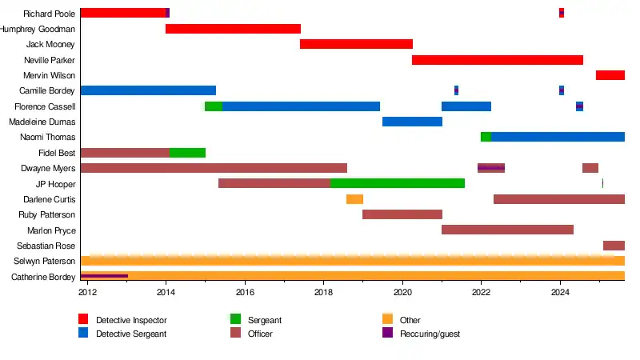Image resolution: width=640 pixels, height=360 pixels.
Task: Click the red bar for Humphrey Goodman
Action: click(233, 29)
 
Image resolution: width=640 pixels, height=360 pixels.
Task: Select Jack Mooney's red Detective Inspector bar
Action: click(356, 44)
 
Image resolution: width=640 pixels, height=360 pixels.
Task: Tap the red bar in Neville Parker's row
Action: click(497, 60)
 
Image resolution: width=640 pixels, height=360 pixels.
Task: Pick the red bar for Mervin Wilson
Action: click(610, 75)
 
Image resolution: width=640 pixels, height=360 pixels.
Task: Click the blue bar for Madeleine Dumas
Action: click(412, 122)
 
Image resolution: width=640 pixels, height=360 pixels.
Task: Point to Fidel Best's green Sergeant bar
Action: click(187, 153)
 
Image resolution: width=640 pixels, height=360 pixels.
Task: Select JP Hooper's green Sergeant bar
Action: click(398, 183)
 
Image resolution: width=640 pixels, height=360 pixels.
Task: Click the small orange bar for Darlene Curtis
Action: click(354, 199)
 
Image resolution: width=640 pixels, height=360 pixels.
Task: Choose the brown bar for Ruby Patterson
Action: click(402, 214)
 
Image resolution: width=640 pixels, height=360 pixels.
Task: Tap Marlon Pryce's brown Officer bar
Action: click(507, 230)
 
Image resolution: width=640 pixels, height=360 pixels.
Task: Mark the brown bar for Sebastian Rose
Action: click(614, 246)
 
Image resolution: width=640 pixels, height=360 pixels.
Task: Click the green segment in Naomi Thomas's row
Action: click(486, 137)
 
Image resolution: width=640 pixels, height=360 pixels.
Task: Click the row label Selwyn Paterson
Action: click(45, 262)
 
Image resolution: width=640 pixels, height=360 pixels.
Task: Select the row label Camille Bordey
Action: click(47, 91)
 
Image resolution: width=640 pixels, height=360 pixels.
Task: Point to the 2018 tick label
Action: click(324, 293)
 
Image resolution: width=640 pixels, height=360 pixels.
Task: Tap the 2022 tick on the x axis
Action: click(481, 293)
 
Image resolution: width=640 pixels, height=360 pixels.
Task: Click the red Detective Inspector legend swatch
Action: click(83, 320)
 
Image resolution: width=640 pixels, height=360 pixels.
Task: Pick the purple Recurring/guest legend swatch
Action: click(387, 334)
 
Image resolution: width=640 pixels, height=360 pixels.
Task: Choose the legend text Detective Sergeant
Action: click(131, 334)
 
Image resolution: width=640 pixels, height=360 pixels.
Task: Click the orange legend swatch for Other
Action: click(387, 320)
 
